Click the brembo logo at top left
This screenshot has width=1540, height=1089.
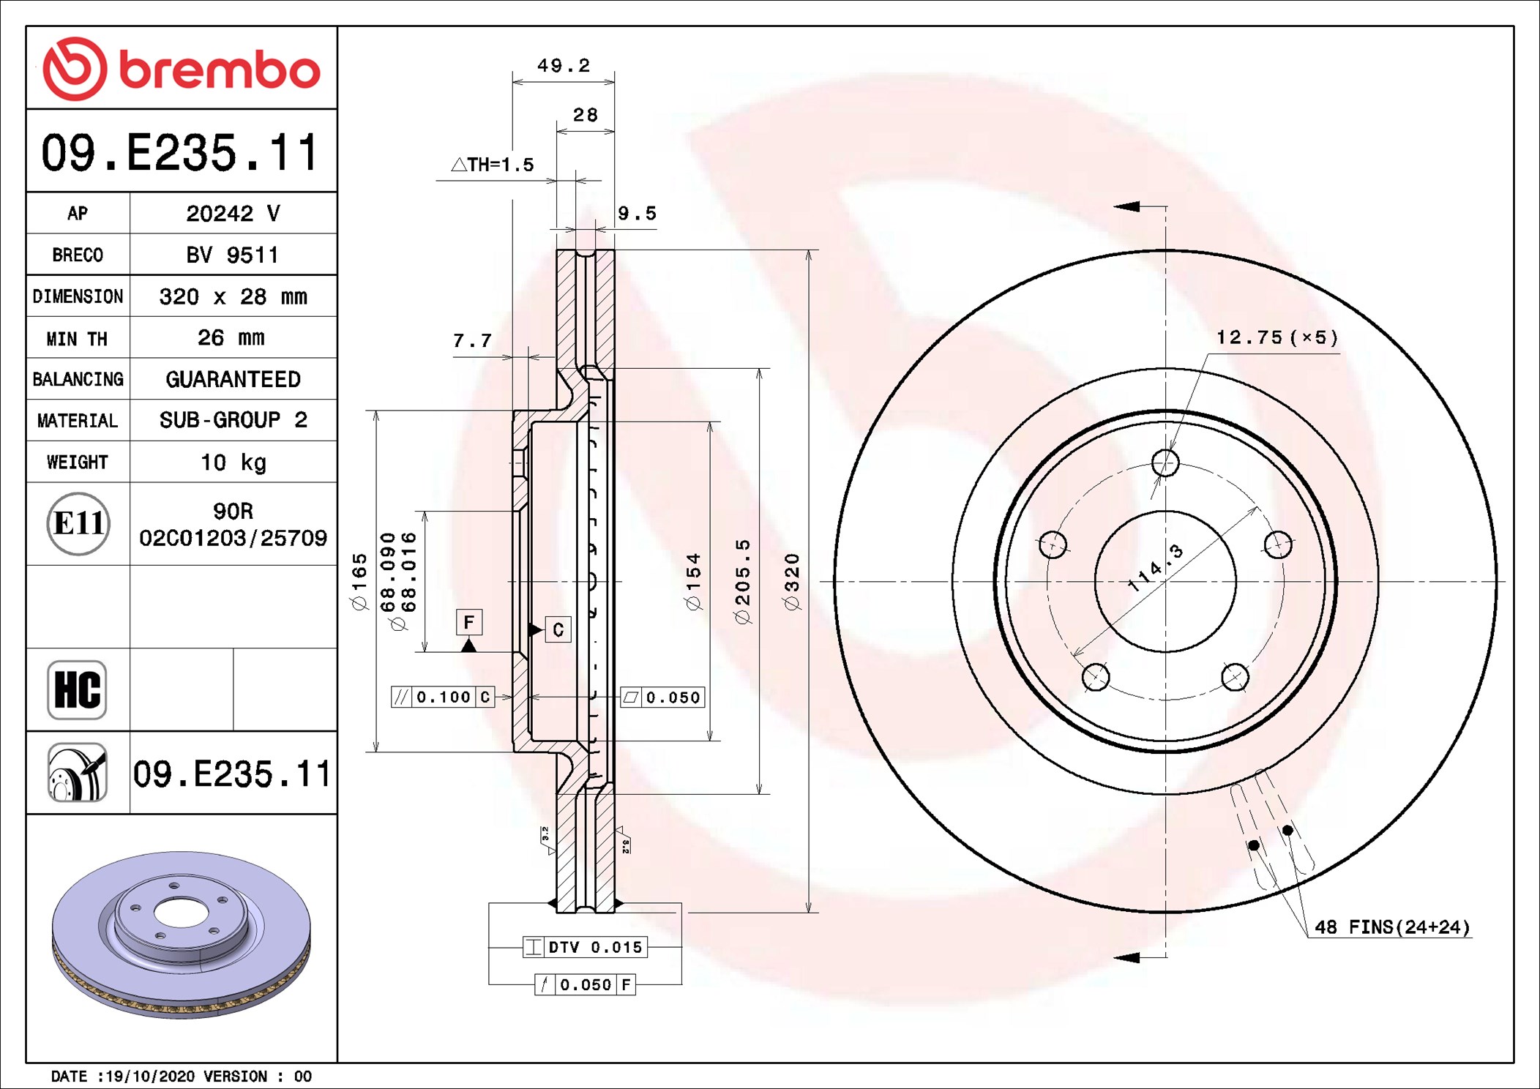tap(181, 69)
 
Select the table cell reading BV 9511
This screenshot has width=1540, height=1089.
tap(233, 255)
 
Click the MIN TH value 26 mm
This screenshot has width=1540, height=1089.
tap(231, 337)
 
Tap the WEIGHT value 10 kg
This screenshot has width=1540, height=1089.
tap(233, 462)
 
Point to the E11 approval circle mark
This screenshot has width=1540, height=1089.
tap(78, 523)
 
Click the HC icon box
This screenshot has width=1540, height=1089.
tap(77, 689)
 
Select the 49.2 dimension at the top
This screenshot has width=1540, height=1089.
tap(564, 66)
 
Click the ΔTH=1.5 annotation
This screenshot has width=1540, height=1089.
tap(493, 165)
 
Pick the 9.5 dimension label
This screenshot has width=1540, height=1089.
tap(637, 214)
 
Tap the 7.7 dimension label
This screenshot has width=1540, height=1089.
tap(472, 340)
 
